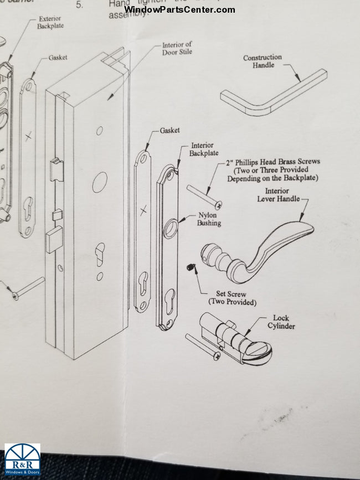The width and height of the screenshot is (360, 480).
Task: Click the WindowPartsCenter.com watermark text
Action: coord(179,9)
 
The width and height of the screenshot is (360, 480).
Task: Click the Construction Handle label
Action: coord(263,61)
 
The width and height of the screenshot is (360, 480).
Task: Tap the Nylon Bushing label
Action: coord(209,219)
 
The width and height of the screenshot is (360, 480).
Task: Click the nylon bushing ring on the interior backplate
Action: coord(170,228)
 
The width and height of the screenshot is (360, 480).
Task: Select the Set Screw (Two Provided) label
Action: coord(232,298)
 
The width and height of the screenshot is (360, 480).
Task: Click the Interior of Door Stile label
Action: coord(177,49)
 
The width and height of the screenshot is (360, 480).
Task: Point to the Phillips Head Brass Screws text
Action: coord(272,170)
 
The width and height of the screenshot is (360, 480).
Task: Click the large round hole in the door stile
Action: coord(100,182)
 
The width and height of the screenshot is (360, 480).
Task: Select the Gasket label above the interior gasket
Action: coord(169,130)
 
